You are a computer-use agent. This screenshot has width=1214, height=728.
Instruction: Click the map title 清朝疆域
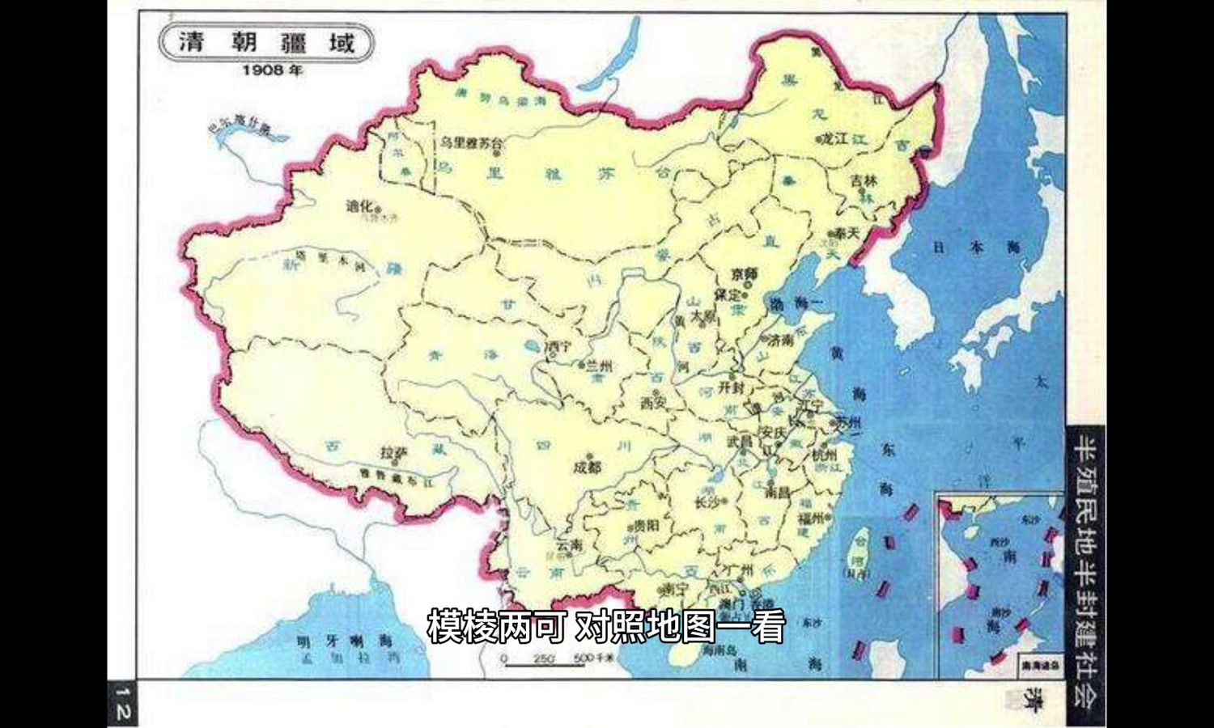coord(266,42)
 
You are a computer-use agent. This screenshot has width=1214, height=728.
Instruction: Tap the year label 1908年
coord(273,70)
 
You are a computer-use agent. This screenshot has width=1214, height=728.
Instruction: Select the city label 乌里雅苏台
coord(471,144)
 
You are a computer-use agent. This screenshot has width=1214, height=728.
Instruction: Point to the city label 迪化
coord(360,206)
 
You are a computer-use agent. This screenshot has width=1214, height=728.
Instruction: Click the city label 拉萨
coord(394,454)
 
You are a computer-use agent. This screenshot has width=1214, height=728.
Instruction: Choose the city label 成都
coord(588,467)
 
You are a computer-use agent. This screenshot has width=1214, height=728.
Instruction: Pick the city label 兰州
coord(600,366)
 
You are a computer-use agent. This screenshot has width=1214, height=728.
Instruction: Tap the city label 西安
coord(652,401)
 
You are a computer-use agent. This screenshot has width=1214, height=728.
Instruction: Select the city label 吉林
coord(864,181)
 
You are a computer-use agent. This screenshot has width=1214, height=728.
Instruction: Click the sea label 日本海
coord(976,248)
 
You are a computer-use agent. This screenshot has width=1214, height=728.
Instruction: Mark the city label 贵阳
coord(646,525)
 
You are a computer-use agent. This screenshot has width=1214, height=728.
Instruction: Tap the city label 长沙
coord(707,502)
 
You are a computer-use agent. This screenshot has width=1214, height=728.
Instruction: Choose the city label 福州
coord(810,518)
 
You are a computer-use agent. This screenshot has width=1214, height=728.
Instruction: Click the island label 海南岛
coord(718,650)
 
